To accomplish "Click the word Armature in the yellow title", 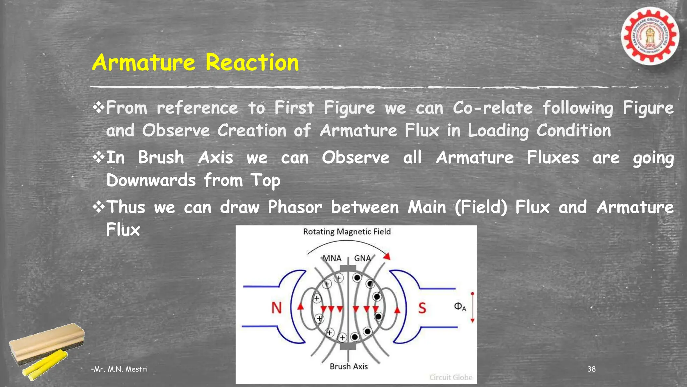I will [x=144, y=63].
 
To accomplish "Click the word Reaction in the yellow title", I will [x=252, y=63].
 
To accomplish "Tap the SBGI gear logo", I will [x=650, y=36].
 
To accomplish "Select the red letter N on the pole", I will [x=276, y=308].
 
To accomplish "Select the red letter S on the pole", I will [x=422, y=308].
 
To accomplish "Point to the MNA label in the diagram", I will [x=332, y=258].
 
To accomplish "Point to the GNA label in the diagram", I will [x=362, y=258].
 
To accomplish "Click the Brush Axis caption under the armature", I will [x=349, y=367].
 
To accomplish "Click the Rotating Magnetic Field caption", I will [x=347, y=232].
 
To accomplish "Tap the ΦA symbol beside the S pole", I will [x=460, y=307].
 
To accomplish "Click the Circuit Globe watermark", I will [x=451, y=378].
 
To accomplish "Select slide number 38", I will [x=591, y=369].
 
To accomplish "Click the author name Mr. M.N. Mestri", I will [x=119, y=369].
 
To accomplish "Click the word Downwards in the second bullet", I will [x=151, y=180].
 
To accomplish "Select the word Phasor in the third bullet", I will [x=295, y=207].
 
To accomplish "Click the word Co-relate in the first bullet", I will [x=492, y=108].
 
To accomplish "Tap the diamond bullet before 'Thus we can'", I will [x=99, y=207].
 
